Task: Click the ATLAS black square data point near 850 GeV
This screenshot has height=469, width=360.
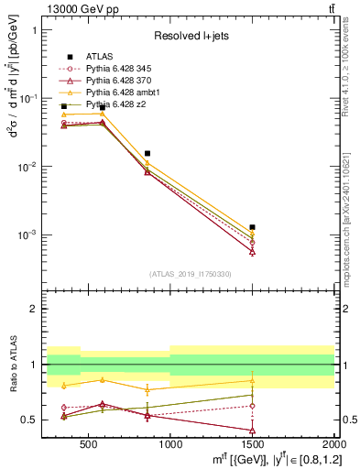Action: [147, 153]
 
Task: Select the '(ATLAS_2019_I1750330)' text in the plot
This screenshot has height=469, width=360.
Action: [190, 274]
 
